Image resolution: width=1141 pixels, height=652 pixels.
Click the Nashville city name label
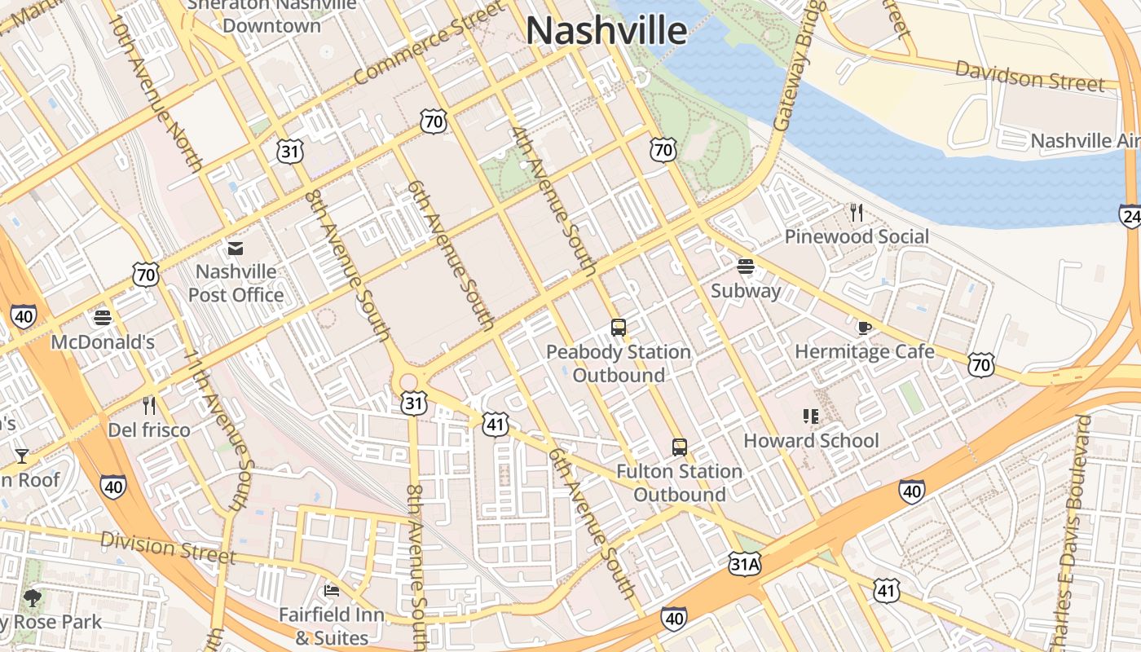coord(606,31)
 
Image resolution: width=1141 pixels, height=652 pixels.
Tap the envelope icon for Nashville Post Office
coord(236,248)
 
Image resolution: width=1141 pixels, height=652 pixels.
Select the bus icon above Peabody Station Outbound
coord(619,328)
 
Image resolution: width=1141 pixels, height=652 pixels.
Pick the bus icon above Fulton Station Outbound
coord(679,447)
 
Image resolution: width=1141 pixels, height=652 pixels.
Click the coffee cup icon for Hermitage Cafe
coord(864,328)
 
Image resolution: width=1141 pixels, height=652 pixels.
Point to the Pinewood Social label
coord(856,236)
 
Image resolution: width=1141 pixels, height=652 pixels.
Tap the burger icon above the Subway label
coord(745,267)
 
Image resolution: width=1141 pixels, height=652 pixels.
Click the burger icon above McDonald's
coord(103,318)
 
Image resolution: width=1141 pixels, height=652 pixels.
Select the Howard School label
coord(811,441)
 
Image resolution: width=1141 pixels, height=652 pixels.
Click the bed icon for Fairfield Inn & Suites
coord(331,590)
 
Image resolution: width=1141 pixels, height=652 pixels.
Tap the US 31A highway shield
coord(744,563)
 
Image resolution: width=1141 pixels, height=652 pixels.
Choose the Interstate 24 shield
coord(1130,215)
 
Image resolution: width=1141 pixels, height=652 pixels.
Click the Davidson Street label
coord(1030,76)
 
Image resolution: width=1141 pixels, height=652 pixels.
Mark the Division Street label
coord(168,548)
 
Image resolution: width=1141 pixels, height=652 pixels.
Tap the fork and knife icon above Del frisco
coord(148,405)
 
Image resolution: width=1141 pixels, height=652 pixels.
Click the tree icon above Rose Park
coord(33,599)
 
